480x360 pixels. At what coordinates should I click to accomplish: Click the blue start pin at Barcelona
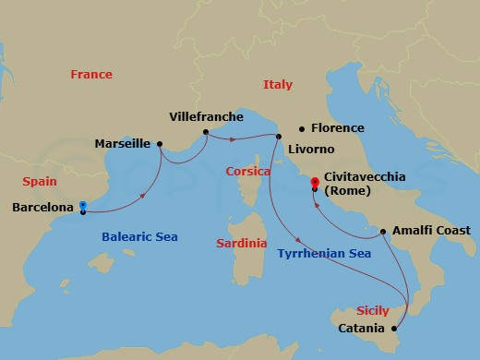point(83,206)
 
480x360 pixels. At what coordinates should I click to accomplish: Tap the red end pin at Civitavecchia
point(315,183)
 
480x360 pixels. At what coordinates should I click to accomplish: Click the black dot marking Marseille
point(160,143)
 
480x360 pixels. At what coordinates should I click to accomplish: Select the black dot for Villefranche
point(205,132)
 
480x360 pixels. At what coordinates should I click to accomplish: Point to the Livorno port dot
point(278,137)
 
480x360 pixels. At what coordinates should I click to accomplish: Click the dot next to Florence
point(301,128)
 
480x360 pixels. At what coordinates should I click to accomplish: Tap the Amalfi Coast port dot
point(382,231)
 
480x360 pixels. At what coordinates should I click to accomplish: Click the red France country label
point(91,75)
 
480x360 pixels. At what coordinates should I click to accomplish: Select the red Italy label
point(277,84)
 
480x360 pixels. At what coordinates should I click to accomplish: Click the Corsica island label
point(247,172)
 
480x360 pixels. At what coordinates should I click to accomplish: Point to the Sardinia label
point(241,244)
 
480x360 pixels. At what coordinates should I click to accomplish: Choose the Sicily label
point(373,311)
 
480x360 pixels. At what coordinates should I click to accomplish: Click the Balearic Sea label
point(138,237)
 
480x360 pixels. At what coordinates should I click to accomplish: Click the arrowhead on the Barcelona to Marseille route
point(145,195)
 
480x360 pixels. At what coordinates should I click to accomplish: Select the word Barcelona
point(42,209)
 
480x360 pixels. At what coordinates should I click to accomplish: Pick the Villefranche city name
point(207,117)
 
